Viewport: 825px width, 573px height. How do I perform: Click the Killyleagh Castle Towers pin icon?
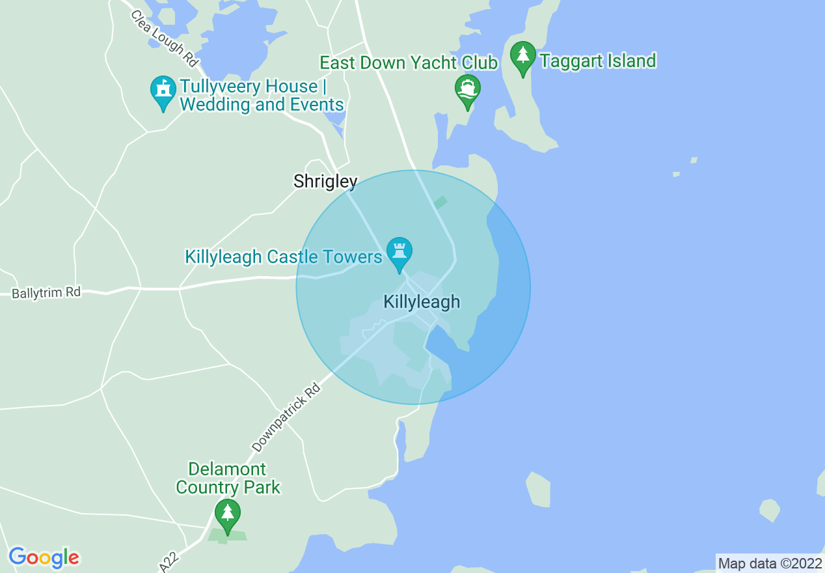(x=399, y=252)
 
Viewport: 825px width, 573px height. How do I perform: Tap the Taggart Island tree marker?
(x=522, y=57)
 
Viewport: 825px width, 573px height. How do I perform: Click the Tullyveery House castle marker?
(x=163, y=91)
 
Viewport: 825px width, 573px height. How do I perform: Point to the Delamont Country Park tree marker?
(x=227, y=514)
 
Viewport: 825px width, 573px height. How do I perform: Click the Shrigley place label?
(x=325, y=181)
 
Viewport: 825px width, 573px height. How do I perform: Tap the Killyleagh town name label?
(x=422, y=301)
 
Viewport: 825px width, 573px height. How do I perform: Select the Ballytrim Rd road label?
(x=46, y=293)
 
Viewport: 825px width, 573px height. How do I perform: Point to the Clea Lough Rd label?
(x=163, y=38)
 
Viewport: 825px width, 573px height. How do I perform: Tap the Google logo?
(x=44, y=557)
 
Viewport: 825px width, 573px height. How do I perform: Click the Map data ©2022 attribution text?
(x=770, y=563)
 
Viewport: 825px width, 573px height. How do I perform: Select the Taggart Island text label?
(x=597, y=61)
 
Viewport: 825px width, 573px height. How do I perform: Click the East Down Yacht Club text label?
(x=409, y=63)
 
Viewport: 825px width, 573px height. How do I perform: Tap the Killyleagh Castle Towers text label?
(x=284, y=257)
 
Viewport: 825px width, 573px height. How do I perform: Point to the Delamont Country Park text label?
(x=228, y=478)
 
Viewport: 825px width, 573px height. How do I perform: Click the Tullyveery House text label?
(x=262, y=96)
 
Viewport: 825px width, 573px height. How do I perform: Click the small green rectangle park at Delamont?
(x=227, y=536)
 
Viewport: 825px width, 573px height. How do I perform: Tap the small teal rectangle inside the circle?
(x=440, y=202)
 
